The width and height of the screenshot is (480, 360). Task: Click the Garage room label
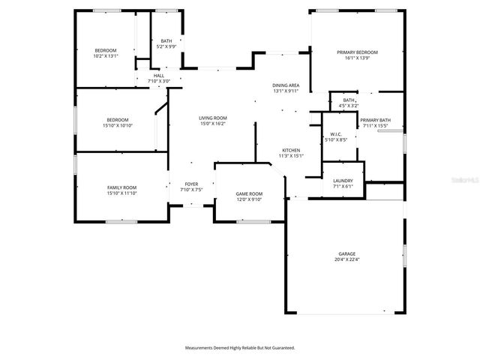tap(346, 254)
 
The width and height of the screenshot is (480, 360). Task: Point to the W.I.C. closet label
tap(335, 134)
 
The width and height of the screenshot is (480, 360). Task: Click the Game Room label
tap(249, 193)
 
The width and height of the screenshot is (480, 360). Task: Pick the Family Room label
tap(121, 188)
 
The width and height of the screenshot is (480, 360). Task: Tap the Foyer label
tap(191, 184)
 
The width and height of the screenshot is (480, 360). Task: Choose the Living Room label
tap(213, 118)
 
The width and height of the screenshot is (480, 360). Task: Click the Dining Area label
tap(285, 86)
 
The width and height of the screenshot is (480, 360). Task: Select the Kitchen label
tap(291, 150)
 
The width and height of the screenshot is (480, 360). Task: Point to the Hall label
tap(158, 76)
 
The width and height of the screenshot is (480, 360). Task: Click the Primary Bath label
tap(375, 120)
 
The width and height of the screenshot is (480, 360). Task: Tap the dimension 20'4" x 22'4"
tap(346, 259)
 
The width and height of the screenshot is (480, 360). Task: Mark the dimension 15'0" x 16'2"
tap(213, 124)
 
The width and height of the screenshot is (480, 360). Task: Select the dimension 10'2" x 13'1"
tap(106, 56)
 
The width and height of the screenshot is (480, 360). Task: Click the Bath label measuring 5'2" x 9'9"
tap(166, 41)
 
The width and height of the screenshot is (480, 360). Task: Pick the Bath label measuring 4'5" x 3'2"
tap(349, 100)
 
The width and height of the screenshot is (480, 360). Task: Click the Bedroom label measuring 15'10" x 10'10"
tap(117, 120)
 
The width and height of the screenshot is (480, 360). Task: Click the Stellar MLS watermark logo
tap(466, 181)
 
